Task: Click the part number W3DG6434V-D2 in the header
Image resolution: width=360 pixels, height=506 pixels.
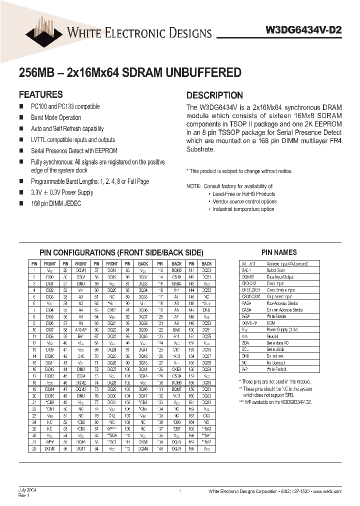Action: (x=303, y=29)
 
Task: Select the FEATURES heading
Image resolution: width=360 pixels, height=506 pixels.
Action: (x=40, y=94)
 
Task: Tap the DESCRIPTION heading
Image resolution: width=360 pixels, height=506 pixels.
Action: (x=214, y=95)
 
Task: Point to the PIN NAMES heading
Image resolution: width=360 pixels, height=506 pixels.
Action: (x=279, y=252)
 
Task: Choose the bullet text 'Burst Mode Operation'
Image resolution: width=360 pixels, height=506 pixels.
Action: (x=56, y=117)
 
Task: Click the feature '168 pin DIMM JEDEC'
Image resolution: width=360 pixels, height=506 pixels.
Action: (x=55, y=203)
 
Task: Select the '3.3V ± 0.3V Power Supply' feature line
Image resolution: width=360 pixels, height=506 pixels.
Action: (x=62, y=192)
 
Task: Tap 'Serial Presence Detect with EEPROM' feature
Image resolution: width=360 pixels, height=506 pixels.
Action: (x=74, y=150)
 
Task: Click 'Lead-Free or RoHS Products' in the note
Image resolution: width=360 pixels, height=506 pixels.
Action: (x=243, y=194)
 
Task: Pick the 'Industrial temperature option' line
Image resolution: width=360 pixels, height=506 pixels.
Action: (x=243, y=209)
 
